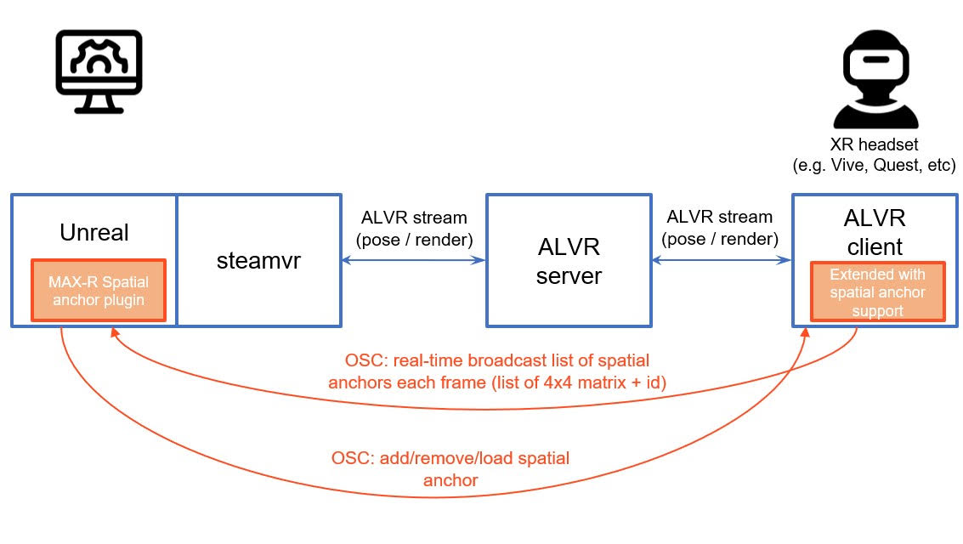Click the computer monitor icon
click(x=99, y=71)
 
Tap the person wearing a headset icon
click(x=875, y=78)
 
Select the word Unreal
click(x=94, y=232)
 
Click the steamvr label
click(x=258, y=260)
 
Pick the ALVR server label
click(x=569, y=261)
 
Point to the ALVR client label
click(x=875, y=232)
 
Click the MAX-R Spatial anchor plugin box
click(x=99, y=291)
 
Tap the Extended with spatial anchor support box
click(x=878, y=292)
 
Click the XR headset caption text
click(x=875, y=155)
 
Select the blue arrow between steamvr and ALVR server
click(x=413, y=260)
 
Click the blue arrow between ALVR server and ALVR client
click(x=722, y=260)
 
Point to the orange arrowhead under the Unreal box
click(x=114, y=332)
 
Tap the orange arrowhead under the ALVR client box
click(x=805, y=333)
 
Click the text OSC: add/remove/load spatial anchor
click(x=450, y=469)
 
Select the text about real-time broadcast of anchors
click(x=497, y=371)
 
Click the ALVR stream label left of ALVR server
click(x=415, y=229)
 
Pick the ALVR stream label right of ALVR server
click(x=720, y=228)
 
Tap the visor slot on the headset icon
click(x=875, y=59)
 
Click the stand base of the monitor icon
click(x=99, y=110)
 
